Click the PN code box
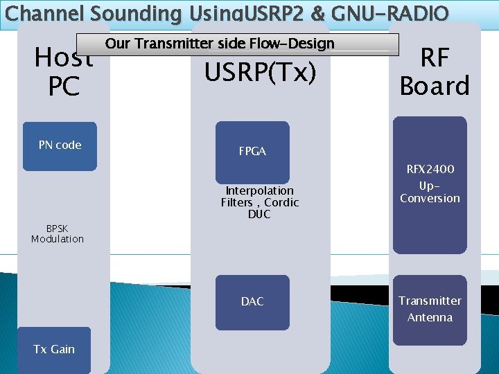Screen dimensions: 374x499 [60, 146]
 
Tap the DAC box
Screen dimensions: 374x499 [252, 302]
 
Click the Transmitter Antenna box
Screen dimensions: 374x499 [430, 310]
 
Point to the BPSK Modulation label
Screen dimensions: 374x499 [58, 233]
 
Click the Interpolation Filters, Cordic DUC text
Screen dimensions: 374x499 [260, 202]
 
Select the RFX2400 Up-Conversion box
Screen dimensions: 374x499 [430, 184]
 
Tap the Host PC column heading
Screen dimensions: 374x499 [64, 72]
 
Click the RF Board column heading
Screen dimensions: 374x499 [435, 72]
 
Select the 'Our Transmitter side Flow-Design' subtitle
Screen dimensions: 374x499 [220, 44]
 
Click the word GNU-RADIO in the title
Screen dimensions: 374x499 [399, 13]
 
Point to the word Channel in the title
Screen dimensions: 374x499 [46, 13]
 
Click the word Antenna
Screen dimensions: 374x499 [430, 318]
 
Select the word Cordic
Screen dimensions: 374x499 [282, 202]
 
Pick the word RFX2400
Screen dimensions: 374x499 [430, 169]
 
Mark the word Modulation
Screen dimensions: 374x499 [58, 239]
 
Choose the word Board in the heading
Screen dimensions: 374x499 [435, 87]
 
